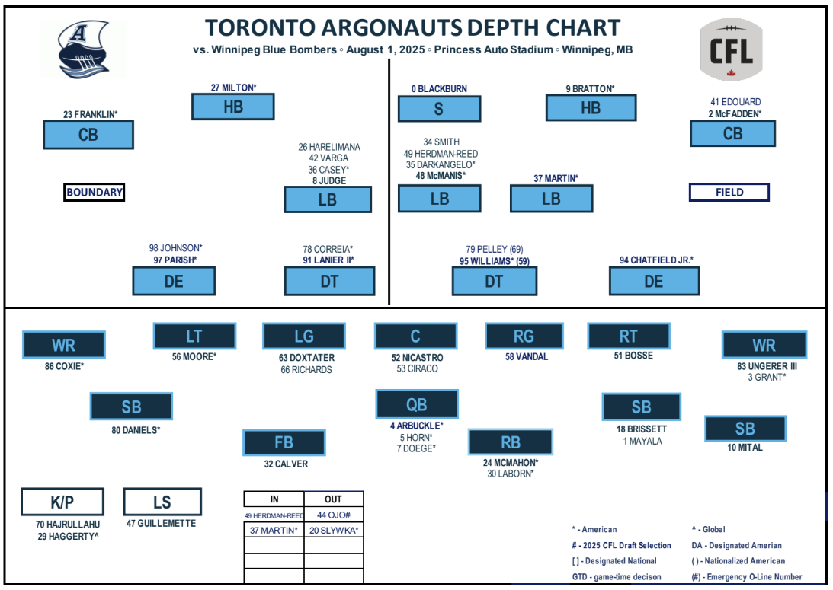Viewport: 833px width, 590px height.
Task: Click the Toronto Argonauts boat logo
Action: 84,49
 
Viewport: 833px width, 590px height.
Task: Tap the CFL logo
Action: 731,49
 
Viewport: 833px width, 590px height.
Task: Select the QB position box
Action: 416,404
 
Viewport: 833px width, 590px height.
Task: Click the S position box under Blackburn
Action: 439,109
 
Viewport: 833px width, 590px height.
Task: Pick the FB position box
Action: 284,442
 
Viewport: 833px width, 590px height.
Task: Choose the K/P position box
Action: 62,502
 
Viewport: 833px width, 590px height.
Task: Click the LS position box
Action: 162,502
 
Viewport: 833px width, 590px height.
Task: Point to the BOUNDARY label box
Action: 94,192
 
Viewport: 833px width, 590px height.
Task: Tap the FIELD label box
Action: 729,192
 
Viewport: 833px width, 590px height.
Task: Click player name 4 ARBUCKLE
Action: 416,426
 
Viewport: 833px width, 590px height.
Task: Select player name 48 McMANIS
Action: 441,176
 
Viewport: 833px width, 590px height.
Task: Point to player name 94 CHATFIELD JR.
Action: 656,260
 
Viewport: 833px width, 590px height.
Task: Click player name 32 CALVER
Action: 286,464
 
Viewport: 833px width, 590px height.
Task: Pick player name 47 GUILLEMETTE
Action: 161,524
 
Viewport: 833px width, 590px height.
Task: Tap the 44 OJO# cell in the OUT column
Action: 334,515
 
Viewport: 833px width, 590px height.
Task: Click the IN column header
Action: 274,499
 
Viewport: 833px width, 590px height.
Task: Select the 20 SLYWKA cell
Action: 334,530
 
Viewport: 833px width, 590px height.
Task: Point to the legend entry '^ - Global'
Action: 708,530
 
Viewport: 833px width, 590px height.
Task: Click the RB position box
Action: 511,442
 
